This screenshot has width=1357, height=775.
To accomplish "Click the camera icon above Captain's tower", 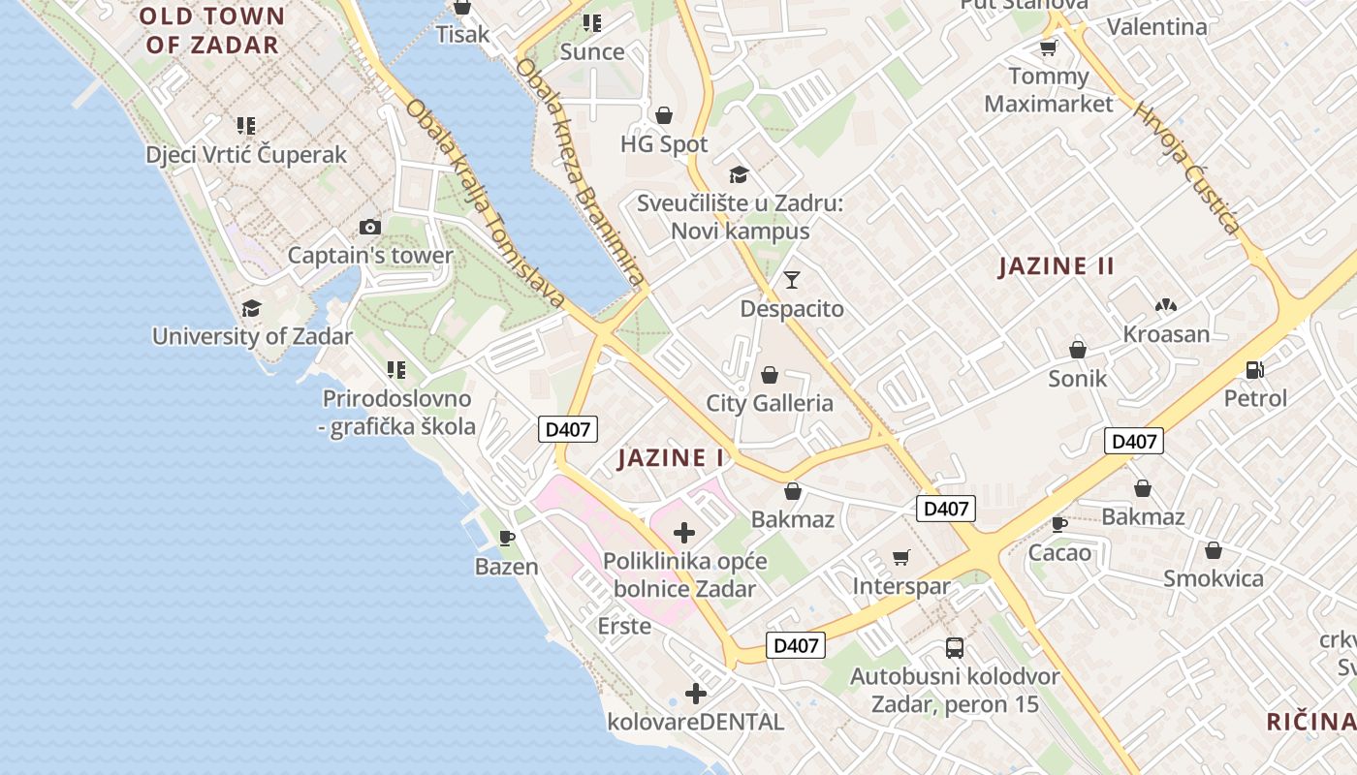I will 369,228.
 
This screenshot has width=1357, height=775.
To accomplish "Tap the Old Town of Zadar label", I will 212,30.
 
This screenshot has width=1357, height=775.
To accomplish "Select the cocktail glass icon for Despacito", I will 792,280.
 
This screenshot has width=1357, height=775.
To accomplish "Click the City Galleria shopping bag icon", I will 770,375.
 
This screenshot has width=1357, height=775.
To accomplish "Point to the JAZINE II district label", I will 1057,266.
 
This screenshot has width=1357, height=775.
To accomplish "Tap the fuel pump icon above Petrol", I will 1255,369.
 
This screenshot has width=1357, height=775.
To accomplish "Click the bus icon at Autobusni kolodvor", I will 955,648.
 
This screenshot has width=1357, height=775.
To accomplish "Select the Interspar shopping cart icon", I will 901,557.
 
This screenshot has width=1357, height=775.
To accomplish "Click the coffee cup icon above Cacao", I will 1059,524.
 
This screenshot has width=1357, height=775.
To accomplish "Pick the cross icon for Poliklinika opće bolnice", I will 684,532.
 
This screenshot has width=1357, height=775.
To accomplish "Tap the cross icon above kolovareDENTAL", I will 695,693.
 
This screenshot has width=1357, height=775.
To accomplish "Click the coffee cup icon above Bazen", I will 506,537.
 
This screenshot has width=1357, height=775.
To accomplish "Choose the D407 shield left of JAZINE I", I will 568,429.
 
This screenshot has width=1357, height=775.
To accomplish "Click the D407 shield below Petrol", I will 1133,442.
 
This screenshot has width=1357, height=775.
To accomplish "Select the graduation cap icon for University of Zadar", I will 252,308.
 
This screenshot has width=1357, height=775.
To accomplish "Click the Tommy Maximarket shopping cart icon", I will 1048,47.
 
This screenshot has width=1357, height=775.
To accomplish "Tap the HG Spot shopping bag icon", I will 664,116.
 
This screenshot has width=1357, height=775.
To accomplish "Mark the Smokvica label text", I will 1214,579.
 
